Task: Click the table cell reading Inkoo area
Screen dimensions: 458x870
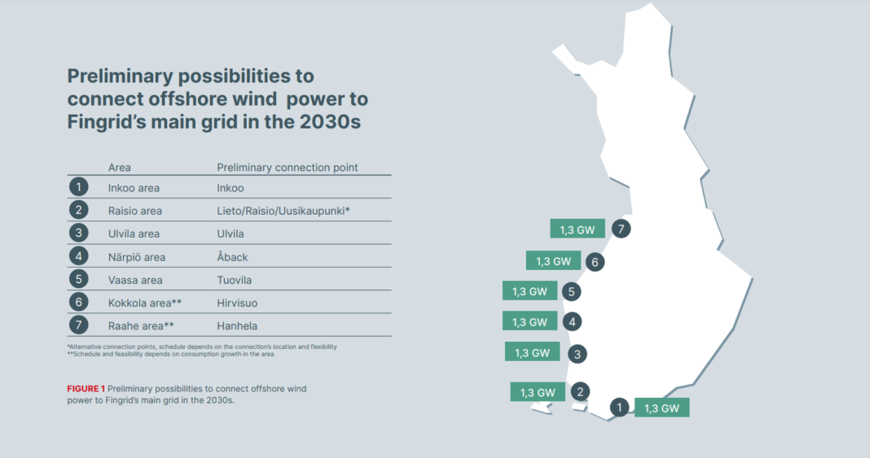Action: pyautogui.click(x=134, y=188)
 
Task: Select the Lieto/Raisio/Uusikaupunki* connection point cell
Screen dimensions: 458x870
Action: pyautogui.click(x=283, y=211)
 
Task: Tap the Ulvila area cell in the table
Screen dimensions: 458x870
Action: pyautogui.click(x=134, y=233)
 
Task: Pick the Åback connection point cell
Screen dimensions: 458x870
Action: pyautogui.click(x=232, y=257)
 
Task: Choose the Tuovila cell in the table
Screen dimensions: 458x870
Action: pyautogui.click(x=235, y=280)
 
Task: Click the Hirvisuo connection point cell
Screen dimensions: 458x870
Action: pyautogui.click(x=237, y=303)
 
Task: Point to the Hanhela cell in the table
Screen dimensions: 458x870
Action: pyautogui.click(x=237, y=325)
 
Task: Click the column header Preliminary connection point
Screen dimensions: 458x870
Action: pyautogui.click(x=287, y=168)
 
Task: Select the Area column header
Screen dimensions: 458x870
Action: pyautogui.click(x=120, y=168)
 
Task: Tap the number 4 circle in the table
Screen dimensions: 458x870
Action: pyautogui.click(x=78, y=257)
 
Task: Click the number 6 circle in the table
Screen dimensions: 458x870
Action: pyautogui.click(x=78, y=303)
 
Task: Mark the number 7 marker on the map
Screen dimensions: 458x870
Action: pyautogui.click(x=621, y=229)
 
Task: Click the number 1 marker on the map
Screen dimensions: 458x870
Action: pyautogui.click(x=620, y=408)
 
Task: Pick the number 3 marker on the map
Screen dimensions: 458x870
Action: pyautogui.click(x=577, y=354)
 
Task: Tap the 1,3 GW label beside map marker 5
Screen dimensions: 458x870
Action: pyautogui.click(x=529, y=291)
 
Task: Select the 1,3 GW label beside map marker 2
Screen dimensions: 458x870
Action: pyautogui.click(x=538, y=392)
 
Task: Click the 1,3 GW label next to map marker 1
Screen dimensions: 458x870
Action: pyautogui.click(x=661, y=408)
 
